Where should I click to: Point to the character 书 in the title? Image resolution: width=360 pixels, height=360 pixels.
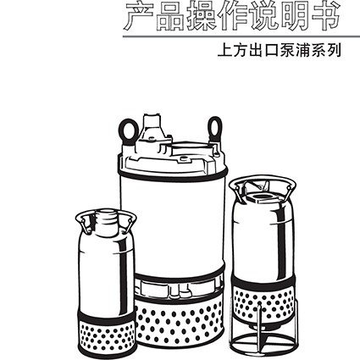point(325,15)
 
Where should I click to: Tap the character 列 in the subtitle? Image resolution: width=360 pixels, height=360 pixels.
point(335,51)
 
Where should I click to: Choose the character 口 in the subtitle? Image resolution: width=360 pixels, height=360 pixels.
point(272,52)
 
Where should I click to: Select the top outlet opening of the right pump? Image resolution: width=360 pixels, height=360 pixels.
point(261,197)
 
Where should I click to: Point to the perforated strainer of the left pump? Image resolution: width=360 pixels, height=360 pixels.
point(107,335)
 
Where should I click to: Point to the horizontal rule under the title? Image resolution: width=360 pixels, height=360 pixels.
point(241,36)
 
